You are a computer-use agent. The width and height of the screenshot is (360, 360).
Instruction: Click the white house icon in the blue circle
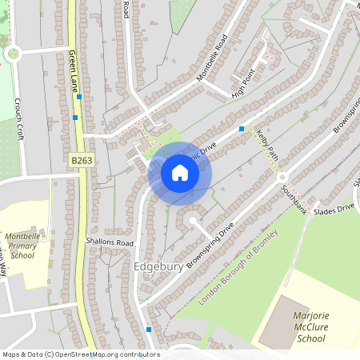click(179, 173)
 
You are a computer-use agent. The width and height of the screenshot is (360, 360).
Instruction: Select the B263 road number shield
click(80, 160)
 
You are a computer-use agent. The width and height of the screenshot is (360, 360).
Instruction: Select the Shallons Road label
click(110, 242)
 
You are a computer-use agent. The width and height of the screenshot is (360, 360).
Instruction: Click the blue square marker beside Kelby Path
click(242, 129)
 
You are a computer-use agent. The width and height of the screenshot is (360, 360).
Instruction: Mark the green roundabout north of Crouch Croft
click(12, 54)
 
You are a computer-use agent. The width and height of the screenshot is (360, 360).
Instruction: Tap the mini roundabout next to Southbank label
click(282, 189)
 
